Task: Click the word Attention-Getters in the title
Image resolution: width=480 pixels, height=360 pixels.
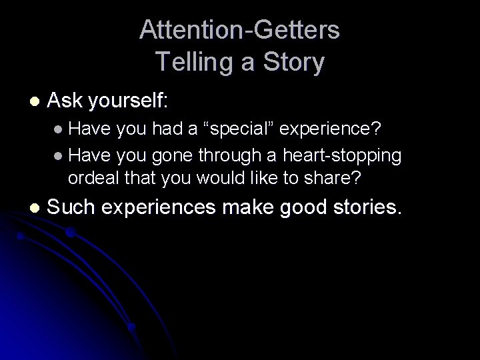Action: coord(240,30)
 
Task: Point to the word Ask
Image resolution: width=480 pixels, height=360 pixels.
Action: coord(64,101)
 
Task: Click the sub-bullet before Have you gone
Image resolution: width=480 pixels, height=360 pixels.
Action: coord(59,155)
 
